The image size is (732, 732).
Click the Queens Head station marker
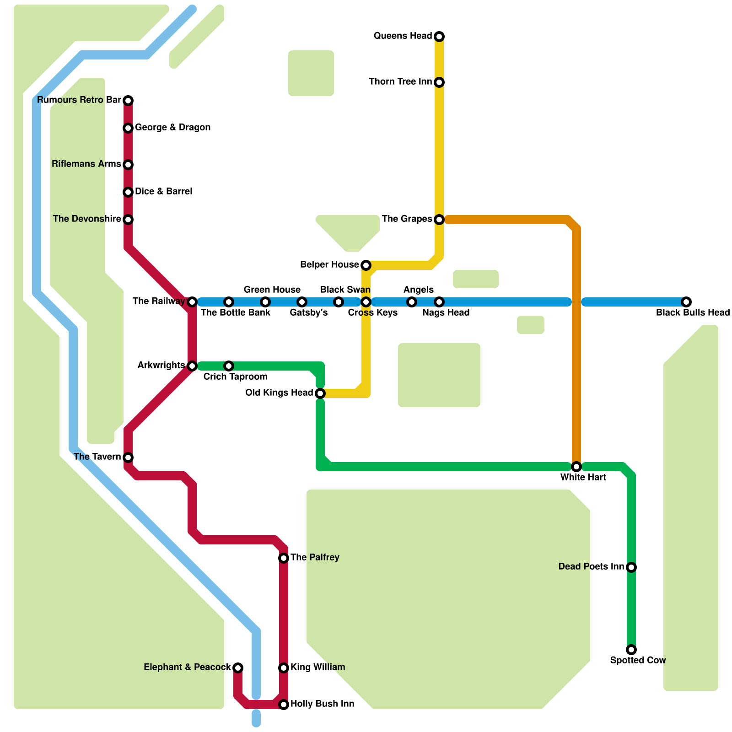tap(439, 37)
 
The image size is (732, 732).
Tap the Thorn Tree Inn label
tap(400, 82)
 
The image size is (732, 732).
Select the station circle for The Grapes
tap(439, 220)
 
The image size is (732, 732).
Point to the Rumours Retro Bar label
tap(79, 100)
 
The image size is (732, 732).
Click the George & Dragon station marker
tap(128, 128)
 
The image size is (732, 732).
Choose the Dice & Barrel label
tap(163, 192)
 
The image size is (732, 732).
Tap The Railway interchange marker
tap(192, 302)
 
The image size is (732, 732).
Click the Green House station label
tap(272, 290)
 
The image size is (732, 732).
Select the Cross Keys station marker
tap(366, 302)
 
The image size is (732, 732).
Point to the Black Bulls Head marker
tap(686, 302)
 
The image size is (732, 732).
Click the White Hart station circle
tap(576, 467)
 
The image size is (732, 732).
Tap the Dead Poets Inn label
tap(591, 567)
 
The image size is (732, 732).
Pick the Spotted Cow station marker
tap(631, 650)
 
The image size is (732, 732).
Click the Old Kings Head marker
tap(320, 393)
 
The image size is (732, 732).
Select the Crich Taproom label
tap(235, 377)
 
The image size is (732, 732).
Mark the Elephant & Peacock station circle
tap(238, 668)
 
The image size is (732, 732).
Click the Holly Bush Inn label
tap(322, 704)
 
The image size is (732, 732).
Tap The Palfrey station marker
tap(284, 558)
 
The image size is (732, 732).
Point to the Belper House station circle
tap(366, 265)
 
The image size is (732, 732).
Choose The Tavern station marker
tap(128, 457)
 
